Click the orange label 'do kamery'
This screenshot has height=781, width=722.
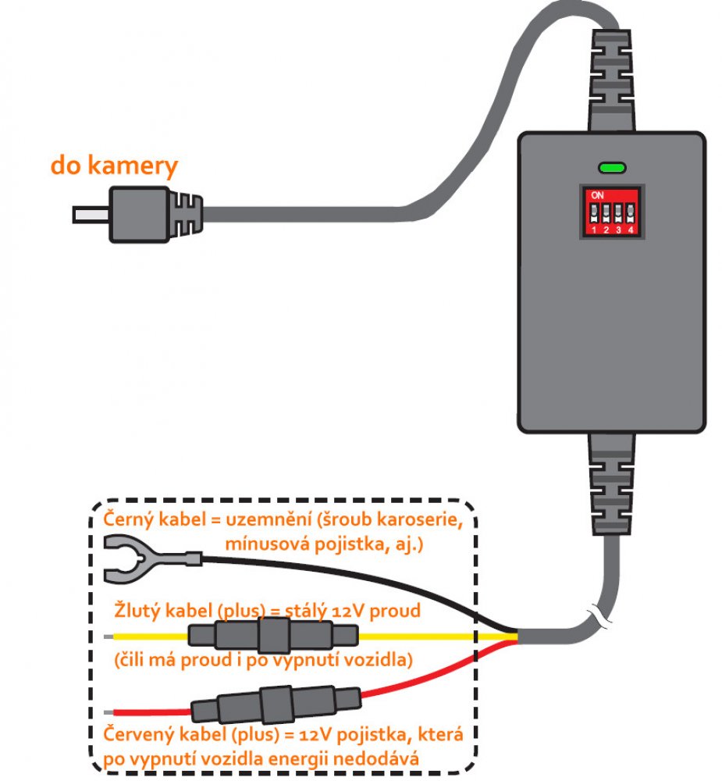point(114,166)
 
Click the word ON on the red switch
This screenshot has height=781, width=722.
point(599,194)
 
